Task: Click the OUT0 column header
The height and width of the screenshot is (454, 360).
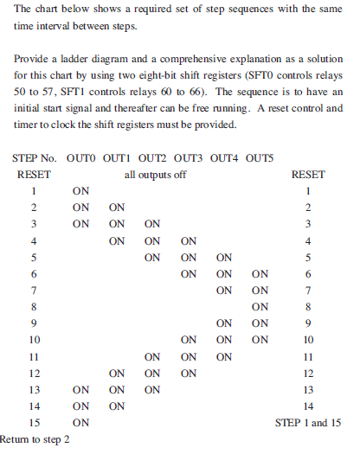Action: (x=81, y=158)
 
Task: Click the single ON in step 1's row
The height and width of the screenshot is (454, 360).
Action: (x=81, y=190)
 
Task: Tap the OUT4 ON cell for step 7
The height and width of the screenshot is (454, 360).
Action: (x=225, y=290)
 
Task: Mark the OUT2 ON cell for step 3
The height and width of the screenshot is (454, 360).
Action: (x=153, y=223)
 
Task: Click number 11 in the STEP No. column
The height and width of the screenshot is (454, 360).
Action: (x=34, y=356)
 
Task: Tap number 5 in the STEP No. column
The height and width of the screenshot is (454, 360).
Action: (x=34, y=257)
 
